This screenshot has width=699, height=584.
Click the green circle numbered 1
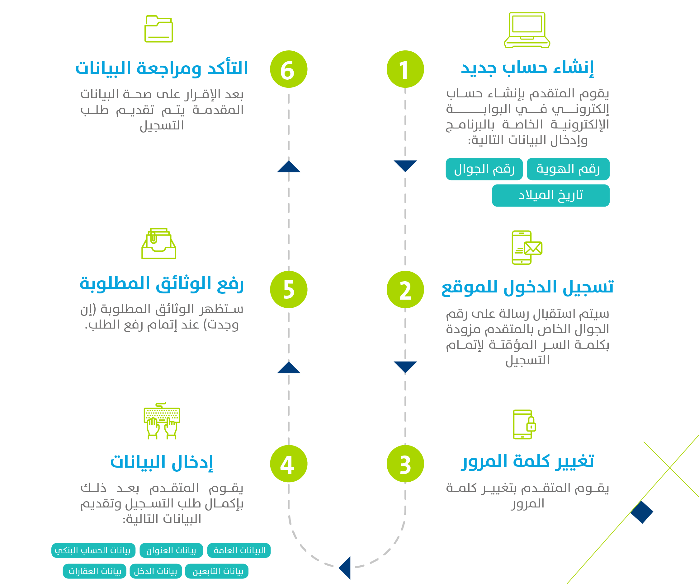pos(405,69)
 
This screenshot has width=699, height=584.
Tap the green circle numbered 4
pos(289,464)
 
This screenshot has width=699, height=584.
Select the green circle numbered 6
pos(289,69)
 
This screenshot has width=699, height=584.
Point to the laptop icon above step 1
pos(527,30)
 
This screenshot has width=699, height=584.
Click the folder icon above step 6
pos(158,29)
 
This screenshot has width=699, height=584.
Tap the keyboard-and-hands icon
pos(162,421)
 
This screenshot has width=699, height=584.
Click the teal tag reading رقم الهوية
pos(568,169)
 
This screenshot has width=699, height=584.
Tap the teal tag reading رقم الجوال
pos(484,169)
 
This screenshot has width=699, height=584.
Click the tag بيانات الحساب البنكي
pos(93,550)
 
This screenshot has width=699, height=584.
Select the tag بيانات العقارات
pos(95,571)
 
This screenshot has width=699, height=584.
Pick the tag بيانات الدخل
pos(156,571)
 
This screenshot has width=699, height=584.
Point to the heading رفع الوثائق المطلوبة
pos(162,284)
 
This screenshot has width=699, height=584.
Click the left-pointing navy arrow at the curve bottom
pos(345,568)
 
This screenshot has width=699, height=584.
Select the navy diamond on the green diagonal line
pos(642,512)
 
